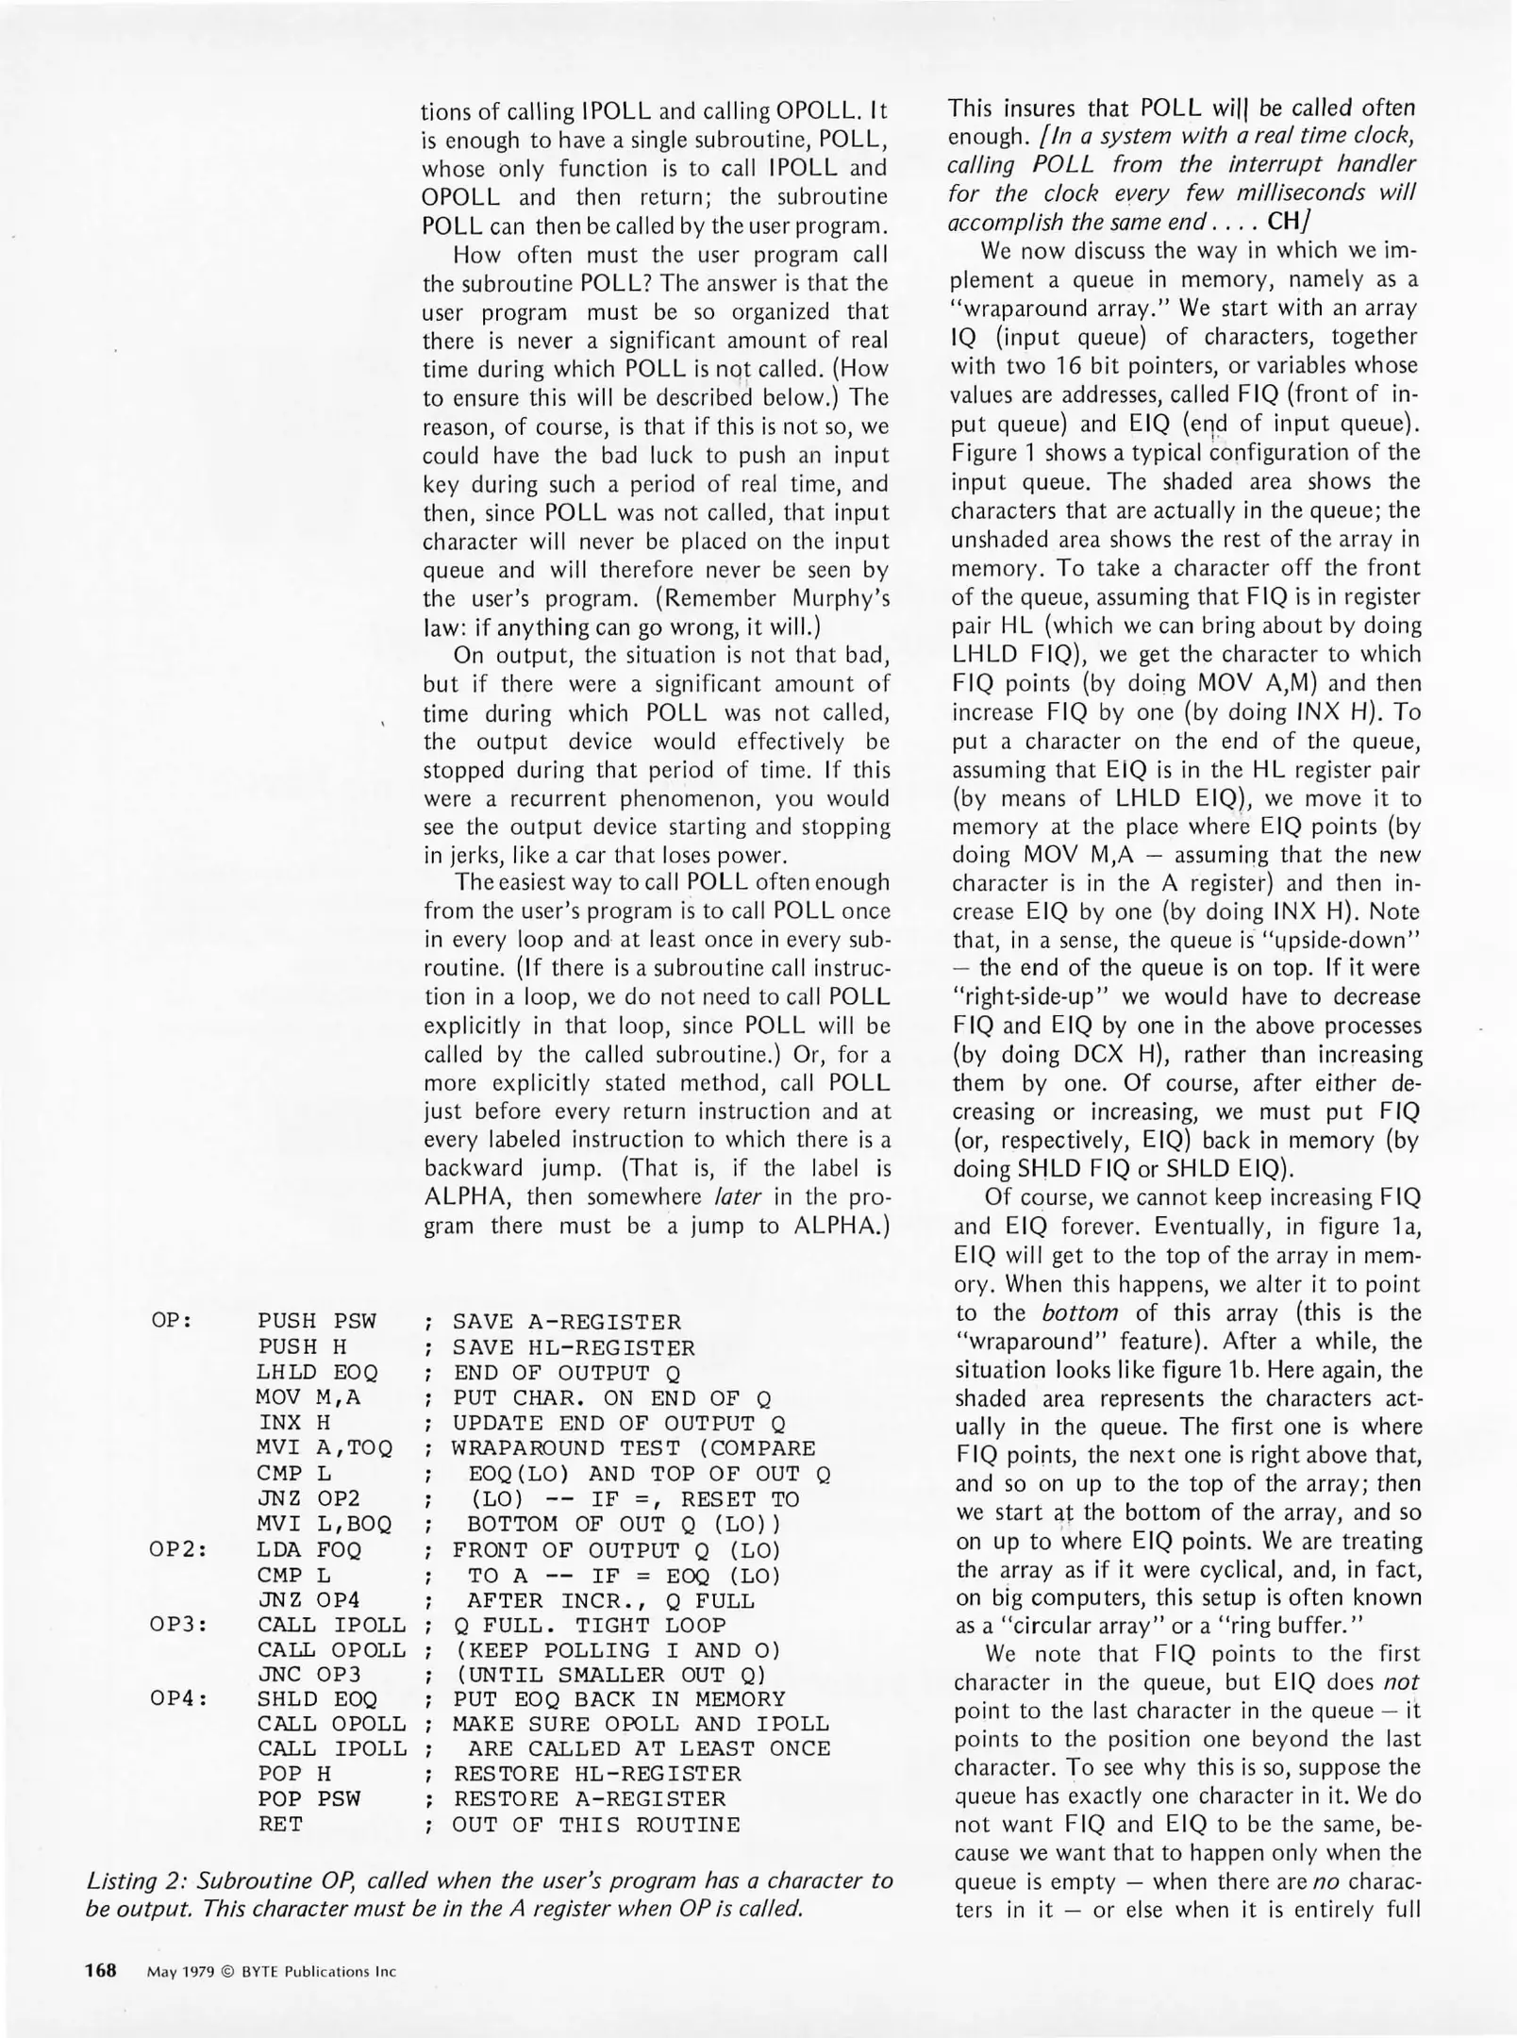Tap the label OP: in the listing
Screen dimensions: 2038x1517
(172, 1320)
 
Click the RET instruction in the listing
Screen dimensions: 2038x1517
(280, 1825)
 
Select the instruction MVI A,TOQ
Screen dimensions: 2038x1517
(325, 1447)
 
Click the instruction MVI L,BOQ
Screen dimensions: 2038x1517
(325, 1524)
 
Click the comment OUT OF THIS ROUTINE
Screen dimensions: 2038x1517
(596, 1825)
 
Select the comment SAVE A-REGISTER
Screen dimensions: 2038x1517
(566, 1322)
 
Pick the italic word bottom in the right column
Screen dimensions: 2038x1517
(1080, 1312)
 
